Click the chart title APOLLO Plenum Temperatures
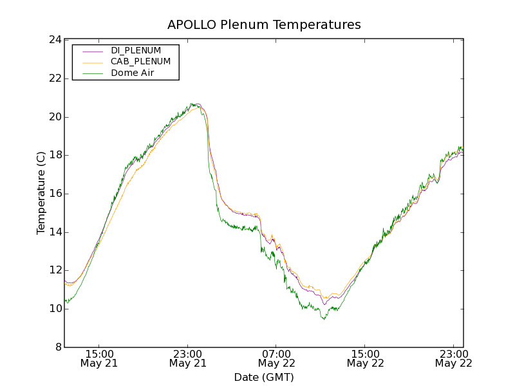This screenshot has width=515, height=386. (x=264, y=25)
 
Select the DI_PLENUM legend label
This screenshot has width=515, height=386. (x=136, y=50)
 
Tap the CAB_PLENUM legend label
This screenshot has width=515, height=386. (x=140, y=62)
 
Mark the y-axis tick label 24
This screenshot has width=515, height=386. (x=54, y=40)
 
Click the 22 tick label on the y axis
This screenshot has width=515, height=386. (x=54, y=78)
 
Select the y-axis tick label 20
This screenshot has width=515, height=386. (x=54, y=117)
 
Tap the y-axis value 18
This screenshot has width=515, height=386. (x=54, y=155)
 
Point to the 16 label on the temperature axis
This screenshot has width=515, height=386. (x=54, y=194)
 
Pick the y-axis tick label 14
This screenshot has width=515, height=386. (x=54, y=232)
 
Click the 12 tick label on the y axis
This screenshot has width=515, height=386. (x=54, y=270)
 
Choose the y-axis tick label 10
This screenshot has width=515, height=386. (x=54, y=309)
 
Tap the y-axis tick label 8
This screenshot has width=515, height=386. (x=57, y=347)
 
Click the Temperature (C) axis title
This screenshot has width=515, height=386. (x=41, y=193)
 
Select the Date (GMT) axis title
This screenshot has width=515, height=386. (x=264, y=377)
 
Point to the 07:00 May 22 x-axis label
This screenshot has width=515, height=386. (x=276, y=358)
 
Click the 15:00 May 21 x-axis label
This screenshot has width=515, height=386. (x=98, y=358)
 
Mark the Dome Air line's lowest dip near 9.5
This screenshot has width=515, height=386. (x=324, y=319)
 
